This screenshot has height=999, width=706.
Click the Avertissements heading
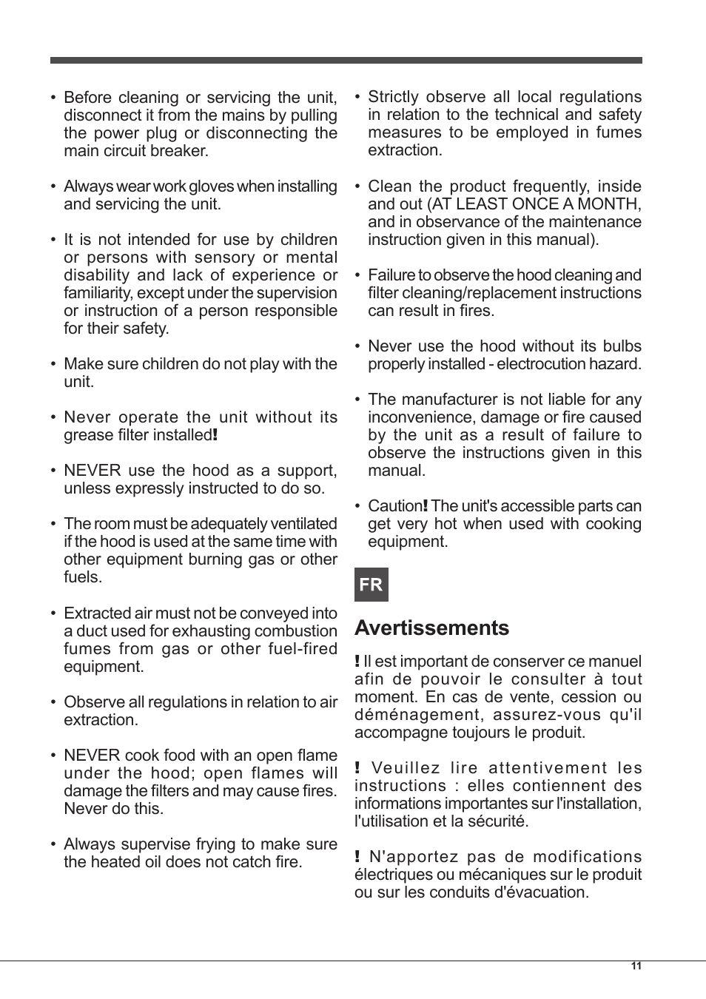pos(431,628)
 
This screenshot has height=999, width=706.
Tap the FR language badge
pos(371,585)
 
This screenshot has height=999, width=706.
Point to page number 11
pos(636,966)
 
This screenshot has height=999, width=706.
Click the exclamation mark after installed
pos(215,435)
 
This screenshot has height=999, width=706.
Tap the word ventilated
pos(303,524)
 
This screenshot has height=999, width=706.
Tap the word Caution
pos(394,506)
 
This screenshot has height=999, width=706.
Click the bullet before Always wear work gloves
pos(53,186)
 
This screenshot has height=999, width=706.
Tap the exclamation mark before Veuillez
pos(357,768)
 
